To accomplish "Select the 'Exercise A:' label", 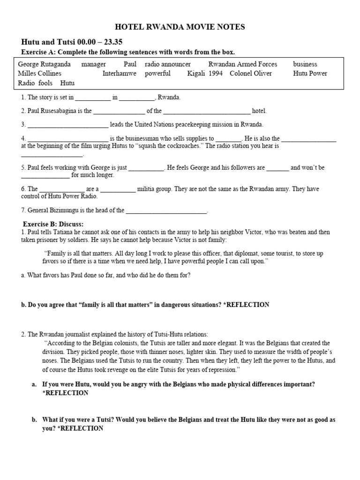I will pyautogui.click(x=39, y=52).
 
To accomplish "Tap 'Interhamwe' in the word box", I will pyautogui.click(x=120, y=74).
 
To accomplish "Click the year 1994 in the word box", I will pyautogui.click(x=216, y=74).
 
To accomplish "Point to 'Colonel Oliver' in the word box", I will pyautogui.click(x=250, y=74).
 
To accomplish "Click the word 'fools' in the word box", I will pyautogui.click(x=45, y=83).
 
